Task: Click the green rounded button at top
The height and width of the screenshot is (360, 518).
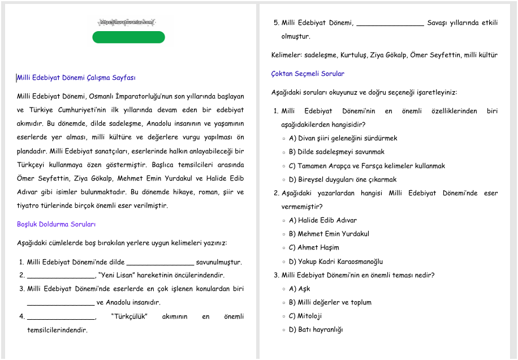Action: point(128,37)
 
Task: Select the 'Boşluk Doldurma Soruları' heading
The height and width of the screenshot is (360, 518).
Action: point(56,224)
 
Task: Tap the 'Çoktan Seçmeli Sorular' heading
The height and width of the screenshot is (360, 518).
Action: point(308,74)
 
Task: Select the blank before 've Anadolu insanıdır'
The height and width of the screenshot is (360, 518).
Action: point(61,303)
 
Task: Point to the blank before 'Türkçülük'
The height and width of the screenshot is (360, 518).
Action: point(61,316)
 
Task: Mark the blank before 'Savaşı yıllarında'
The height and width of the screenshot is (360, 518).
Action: point(390,24)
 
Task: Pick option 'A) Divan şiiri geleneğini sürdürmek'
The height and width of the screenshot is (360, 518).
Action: point(343,138)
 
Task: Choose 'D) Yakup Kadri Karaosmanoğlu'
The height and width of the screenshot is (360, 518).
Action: point(336,262)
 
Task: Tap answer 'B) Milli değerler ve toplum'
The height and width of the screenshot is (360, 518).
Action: point(330,302)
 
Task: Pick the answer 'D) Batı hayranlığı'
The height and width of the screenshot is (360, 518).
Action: point(316,329)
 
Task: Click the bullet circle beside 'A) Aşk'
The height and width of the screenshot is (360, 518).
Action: point(284,289)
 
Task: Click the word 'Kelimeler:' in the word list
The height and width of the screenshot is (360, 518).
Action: point(287,55)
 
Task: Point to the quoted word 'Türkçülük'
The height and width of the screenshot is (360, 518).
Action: point(129,316)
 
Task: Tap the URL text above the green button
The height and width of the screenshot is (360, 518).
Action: point(127,22)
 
